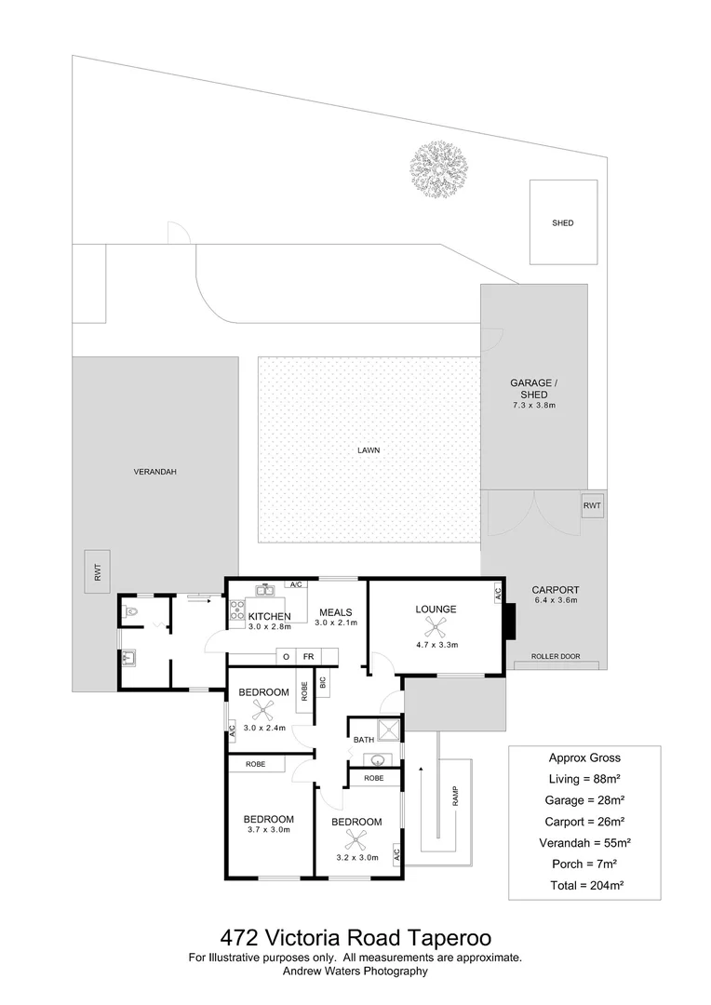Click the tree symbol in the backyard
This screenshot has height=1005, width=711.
(438, 168)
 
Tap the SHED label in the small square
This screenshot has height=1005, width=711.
(562, 223)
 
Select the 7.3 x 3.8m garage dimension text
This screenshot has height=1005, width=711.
(533, 406)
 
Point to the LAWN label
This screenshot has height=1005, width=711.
(369, 450)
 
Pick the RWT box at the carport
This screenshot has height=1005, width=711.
(592, 506)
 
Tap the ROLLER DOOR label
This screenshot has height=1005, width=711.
(556, 657)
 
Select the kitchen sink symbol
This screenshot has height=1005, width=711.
(263, 589)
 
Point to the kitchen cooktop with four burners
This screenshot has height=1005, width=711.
(236, 610)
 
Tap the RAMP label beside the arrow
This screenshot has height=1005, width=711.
(456, 797)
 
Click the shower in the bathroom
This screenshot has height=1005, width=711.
(388, 728)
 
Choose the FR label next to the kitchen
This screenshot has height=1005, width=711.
(306, 657)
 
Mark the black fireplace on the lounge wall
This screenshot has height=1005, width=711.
(508, 623)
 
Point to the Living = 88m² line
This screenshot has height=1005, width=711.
(584, 779)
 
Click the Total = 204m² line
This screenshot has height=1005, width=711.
(584, 885)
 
